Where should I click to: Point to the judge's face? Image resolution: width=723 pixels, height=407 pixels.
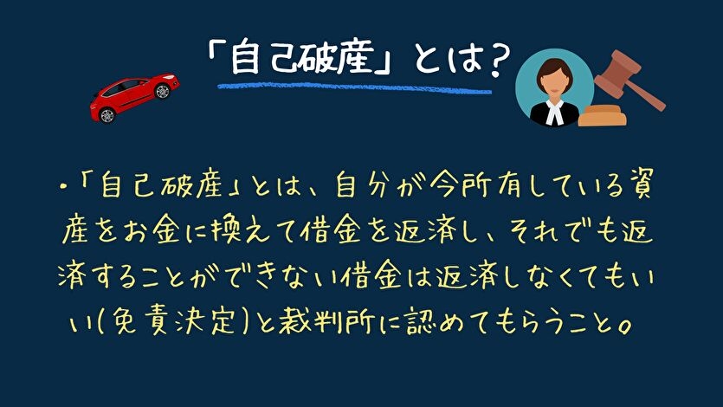552,80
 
